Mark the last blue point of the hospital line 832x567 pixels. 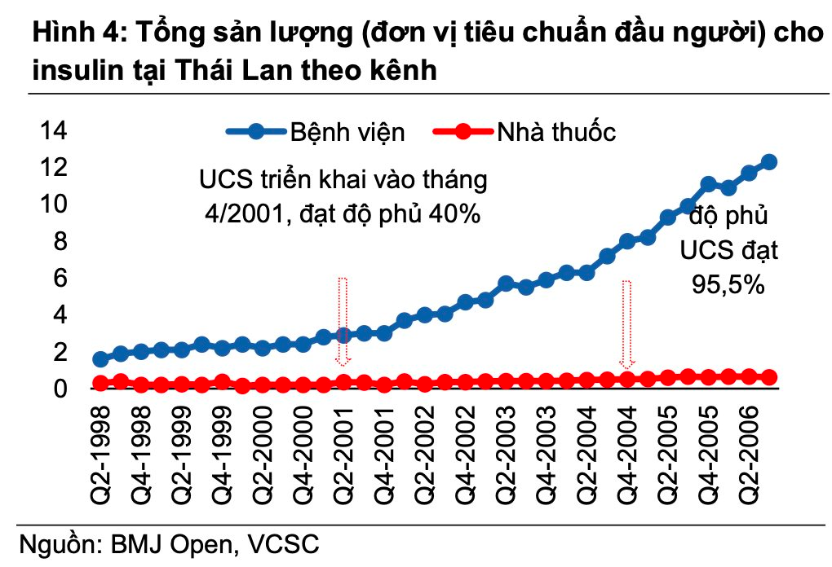tap(768, 162)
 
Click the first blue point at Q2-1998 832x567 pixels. tap(100, 359)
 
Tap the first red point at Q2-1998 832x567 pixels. tap(100, 383)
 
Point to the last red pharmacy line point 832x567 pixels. tap(768, 376)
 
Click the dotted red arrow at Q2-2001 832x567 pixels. tap(343, 321)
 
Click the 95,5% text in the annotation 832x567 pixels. tap(728, 285)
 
